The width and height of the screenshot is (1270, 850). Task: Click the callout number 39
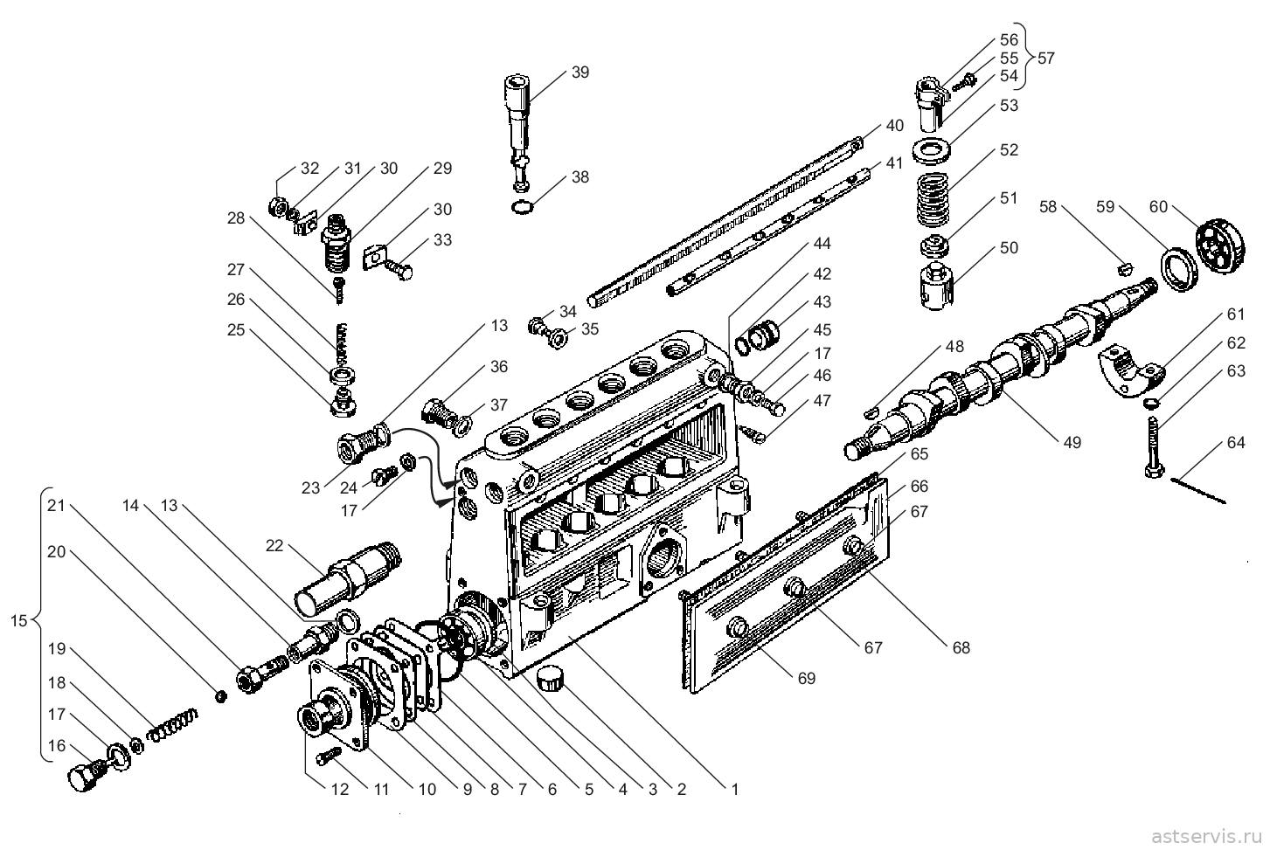580,72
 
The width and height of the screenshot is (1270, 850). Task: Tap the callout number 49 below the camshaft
1072,443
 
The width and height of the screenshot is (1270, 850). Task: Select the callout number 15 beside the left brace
18,621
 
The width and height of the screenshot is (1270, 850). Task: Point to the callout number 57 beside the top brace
1046,58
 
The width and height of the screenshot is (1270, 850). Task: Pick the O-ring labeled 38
522,208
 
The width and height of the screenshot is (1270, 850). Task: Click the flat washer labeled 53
930,151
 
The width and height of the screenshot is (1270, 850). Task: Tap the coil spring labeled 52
932,199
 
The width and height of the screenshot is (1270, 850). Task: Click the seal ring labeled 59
1179,270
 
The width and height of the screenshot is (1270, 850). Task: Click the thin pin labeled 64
1197,491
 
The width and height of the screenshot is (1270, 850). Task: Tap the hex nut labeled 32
277,206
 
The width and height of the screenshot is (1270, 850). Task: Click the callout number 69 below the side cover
807,678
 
